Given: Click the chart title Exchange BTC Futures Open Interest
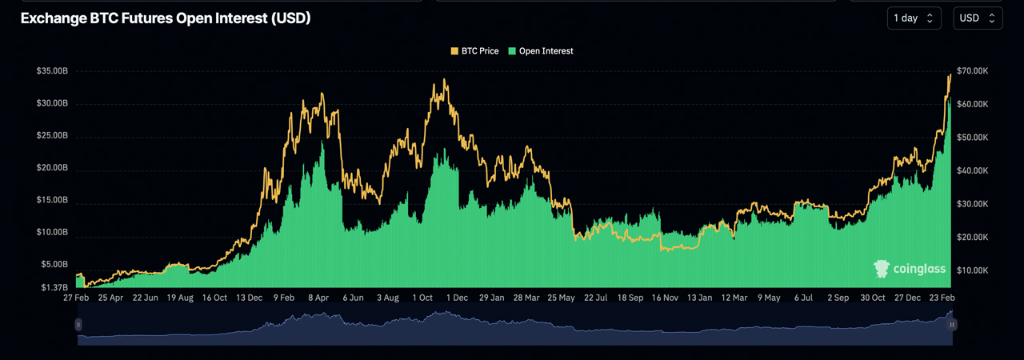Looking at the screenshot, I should click(166, 18).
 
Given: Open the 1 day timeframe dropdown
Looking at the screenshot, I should click(914, 18).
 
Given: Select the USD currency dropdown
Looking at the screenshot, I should click(978, 18).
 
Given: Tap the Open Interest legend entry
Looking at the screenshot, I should click(541, 51).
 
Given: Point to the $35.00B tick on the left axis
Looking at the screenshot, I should click(52, 71).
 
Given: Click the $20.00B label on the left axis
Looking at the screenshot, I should click(52, 168).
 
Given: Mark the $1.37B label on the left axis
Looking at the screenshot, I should click(54, 287).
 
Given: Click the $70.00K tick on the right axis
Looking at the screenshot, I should click(973, 71).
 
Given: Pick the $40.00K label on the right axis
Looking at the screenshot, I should click(973, 170).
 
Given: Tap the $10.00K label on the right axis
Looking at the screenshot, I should click(973, 270).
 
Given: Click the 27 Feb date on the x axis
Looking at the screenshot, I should click(77, 298).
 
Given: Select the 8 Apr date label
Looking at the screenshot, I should click(318, 298).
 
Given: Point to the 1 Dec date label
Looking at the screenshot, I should click(457, 298).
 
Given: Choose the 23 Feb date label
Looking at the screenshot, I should click(942, 298).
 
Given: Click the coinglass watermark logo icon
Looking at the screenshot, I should click(882, 269).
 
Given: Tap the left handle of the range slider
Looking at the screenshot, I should click(78, 325).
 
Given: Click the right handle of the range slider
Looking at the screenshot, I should click(952, 325).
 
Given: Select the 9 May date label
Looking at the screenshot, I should click(768, 298).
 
